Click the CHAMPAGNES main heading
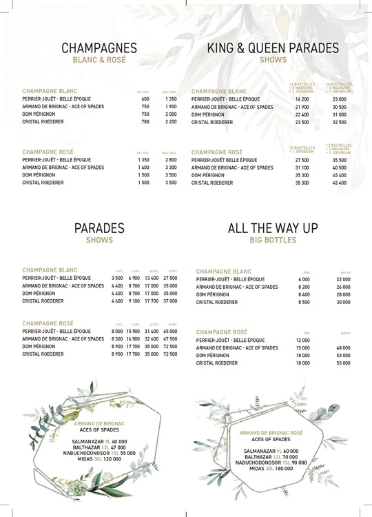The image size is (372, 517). tap(99, 48)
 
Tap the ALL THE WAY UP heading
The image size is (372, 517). tap(273, 228)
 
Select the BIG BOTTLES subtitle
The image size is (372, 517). tap(273, 240)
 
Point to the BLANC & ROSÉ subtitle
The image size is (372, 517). tap(99, 60)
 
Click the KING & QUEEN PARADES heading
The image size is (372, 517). tap(273, 48)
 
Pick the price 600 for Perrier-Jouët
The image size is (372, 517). tap(145, 99)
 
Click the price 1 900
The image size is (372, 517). tap(171, 106)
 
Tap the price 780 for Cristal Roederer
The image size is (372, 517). tap(145, 121)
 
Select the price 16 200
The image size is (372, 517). tap(302, 99)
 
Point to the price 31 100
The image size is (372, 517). tap(302, 168)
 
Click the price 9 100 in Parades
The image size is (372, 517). tap(135, 301)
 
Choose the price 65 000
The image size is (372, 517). tap(170, 332)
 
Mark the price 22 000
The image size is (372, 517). tap(344, 278)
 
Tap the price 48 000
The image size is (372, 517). tap(344, 347)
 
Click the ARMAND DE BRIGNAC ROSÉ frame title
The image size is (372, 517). tap(271, 433)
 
